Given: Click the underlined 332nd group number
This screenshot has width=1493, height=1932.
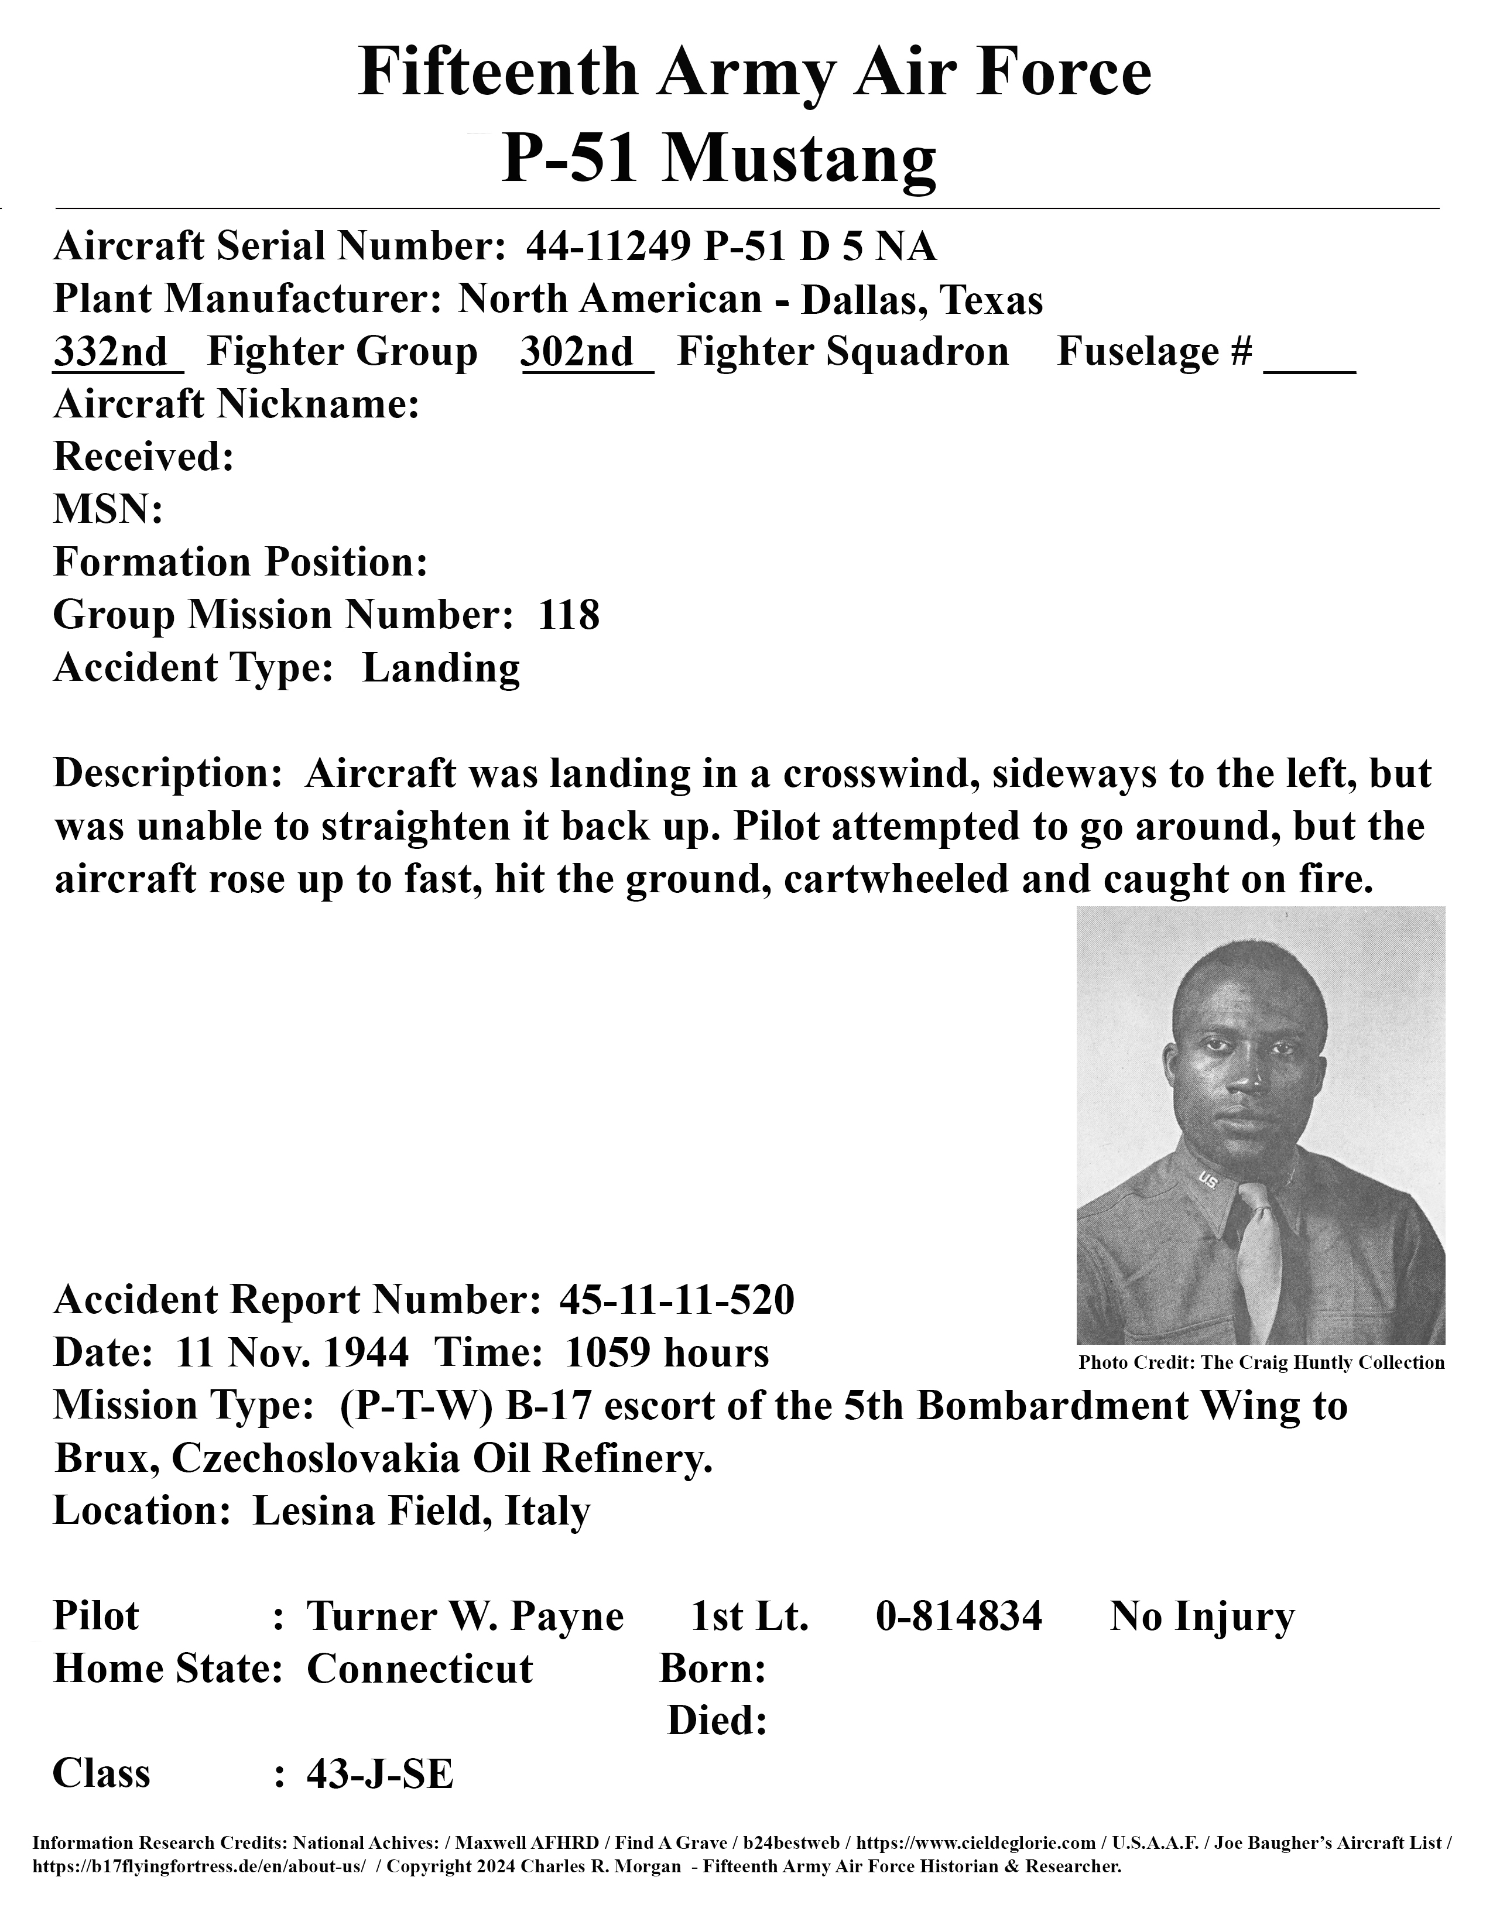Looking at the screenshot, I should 111,352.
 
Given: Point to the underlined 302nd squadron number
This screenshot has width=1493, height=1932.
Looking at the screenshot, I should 578,352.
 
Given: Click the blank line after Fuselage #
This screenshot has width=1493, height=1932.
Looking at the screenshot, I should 1309,363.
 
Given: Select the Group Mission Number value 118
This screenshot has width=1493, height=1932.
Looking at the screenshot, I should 569,615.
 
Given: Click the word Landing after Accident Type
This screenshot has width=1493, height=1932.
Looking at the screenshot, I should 440,669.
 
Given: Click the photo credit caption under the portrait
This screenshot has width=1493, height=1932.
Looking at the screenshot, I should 1261,1363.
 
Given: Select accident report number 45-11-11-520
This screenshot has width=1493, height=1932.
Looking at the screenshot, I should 677,1300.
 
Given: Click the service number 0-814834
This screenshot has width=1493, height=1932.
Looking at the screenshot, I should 959,1617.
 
